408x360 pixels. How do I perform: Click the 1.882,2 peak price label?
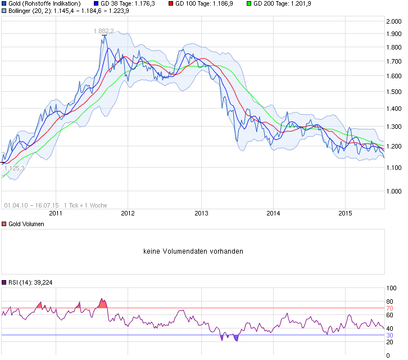tap(105, 31)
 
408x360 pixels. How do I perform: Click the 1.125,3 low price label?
tap(14, 168)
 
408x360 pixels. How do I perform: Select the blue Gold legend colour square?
tap(4, 3)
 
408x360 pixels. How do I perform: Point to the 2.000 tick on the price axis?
tap(393, 21)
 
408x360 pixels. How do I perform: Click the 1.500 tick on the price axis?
tap(393, 92)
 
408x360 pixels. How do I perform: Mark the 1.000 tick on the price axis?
tap(393, 191)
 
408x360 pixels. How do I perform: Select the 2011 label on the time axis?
tap(55, 213)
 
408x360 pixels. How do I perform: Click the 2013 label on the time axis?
tap(201, 213)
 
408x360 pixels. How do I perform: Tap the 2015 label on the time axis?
tap(345, 213)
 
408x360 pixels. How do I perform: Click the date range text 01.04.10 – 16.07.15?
tap(31, 205)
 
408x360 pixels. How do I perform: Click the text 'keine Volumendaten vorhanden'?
tap(193, 251)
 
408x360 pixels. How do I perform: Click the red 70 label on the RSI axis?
tap(389, 309)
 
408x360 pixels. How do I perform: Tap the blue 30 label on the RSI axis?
tap(389, 335)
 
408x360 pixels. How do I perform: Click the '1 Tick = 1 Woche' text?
tap(85, 205)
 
